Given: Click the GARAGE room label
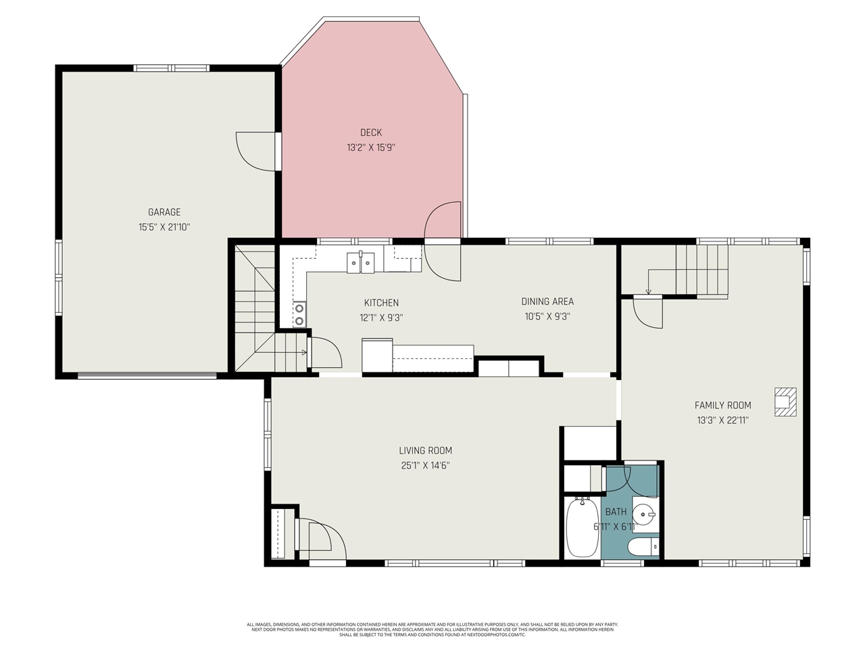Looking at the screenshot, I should tap(164, 212).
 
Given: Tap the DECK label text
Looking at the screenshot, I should tap(370, 133).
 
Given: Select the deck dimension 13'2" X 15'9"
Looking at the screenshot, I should tap(370, 147).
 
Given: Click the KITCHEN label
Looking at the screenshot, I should tap(381, 303).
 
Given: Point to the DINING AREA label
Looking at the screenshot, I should tap(547, 302).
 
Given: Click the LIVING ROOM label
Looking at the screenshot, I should tap(425, 451).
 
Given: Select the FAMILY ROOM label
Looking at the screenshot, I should tap(722, 406).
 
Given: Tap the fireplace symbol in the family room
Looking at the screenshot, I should tap(785, 401).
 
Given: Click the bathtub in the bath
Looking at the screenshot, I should tap(581, 527).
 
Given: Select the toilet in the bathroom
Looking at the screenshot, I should tap(643, 546).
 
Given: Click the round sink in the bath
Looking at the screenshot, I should tap(646, 514).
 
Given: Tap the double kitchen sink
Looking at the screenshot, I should tap(361, 262).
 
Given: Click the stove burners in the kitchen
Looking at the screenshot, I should tap(299, 314).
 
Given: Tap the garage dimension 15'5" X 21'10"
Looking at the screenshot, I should tap(164, 228).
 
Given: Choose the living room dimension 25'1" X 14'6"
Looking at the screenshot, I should tap(425, 465).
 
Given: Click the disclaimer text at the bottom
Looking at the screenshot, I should tap(432, 629).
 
